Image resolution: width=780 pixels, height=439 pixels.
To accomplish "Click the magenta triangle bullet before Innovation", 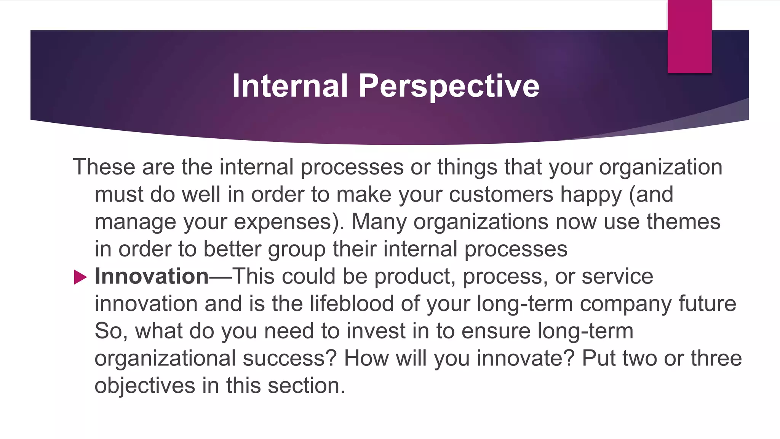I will pos(80,277).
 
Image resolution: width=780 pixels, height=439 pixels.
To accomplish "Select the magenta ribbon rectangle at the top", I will pos(689,37).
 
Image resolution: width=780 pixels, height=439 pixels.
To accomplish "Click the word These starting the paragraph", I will pos(104,167).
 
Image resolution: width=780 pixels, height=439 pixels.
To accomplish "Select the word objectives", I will pos(145,385).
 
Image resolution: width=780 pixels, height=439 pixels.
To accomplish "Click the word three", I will pos(716,358).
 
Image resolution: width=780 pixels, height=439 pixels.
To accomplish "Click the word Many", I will pos(379,222).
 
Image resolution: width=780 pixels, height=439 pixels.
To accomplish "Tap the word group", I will pos(297,250).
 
